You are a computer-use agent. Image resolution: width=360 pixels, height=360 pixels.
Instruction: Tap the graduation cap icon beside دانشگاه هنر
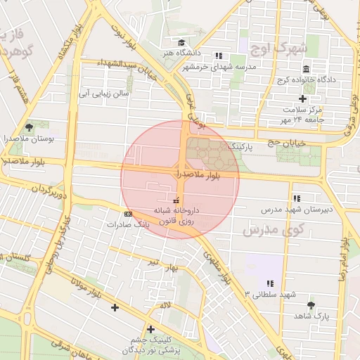pos(181,42)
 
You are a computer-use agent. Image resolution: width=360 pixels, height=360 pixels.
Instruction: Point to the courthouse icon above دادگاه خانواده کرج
pos(306,69)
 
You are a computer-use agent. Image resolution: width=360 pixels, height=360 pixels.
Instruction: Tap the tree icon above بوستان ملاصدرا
pos(29,127)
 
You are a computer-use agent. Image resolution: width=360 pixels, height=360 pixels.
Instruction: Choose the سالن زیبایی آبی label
pos(103,92)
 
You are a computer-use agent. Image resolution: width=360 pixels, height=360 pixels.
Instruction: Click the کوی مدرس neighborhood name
pos(274,229)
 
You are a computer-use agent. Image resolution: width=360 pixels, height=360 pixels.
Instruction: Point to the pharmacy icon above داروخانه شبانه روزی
pos(176,201)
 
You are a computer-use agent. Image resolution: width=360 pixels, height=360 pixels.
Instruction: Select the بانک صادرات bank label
pos(129,224)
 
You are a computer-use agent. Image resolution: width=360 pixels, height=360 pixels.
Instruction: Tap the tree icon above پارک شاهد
pos(311,305)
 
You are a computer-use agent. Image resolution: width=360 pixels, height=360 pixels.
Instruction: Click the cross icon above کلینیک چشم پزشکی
pos(150,328)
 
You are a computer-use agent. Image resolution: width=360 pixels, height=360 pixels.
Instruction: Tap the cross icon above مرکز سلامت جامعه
pos(303,98)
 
